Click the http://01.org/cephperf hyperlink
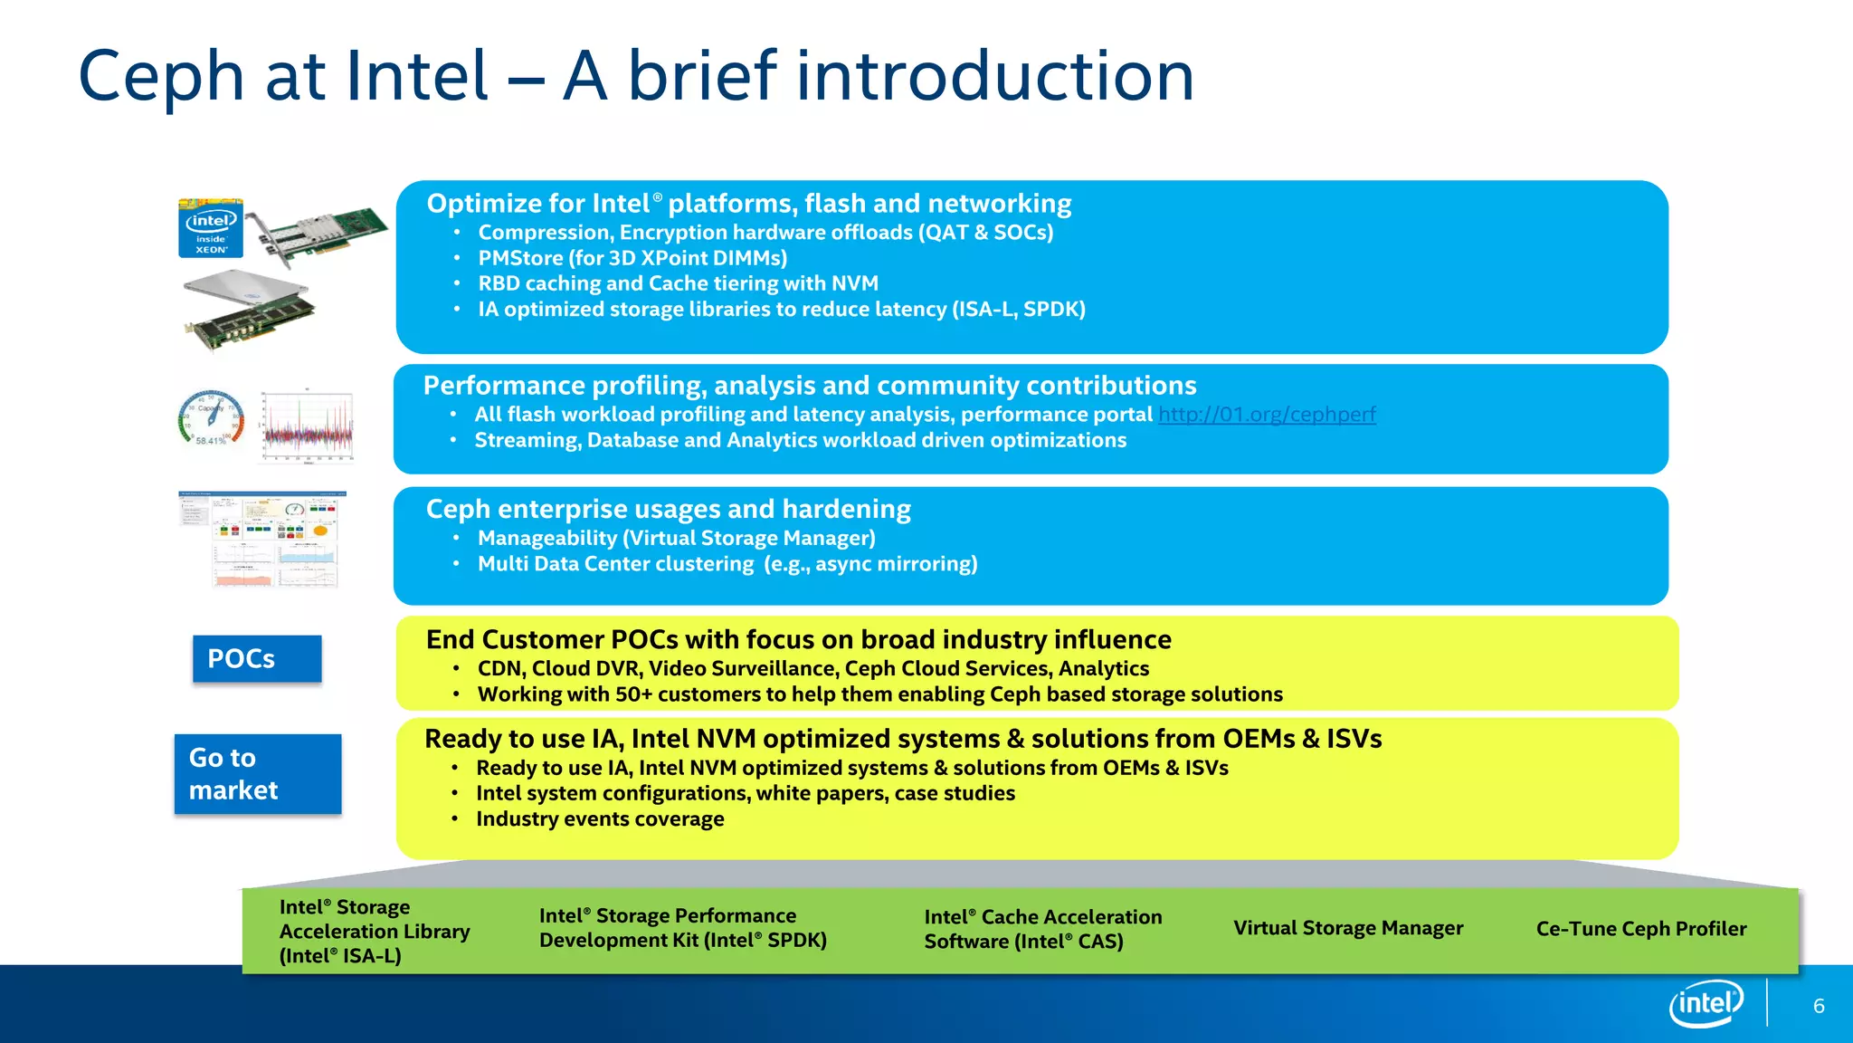click(1267, 415)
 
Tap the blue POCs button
click(257, 658)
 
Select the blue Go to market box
click(258, 774)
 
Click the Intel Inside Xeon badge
click(211, 228)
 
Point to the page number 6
click(1819, 1006)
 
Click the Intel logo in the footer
click(1706, 1003)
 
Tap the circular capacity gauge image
click(212, 418)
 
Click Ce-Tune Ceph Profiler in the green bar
click(1640, 929)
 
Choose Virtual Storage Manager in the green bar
click(1347, 928)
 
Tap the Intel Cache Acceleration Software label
click(1042, 929)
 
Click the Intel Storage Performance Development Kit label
click(682, 928)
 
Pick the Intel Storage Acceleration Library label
click(374, 931)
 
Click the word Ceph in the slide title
click(161, 76)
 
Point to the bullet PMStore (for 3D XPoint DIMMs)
click(632, 258)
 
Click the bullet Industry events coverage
click(600, 819)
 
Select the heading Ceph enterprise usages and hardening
click(668, 509)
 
